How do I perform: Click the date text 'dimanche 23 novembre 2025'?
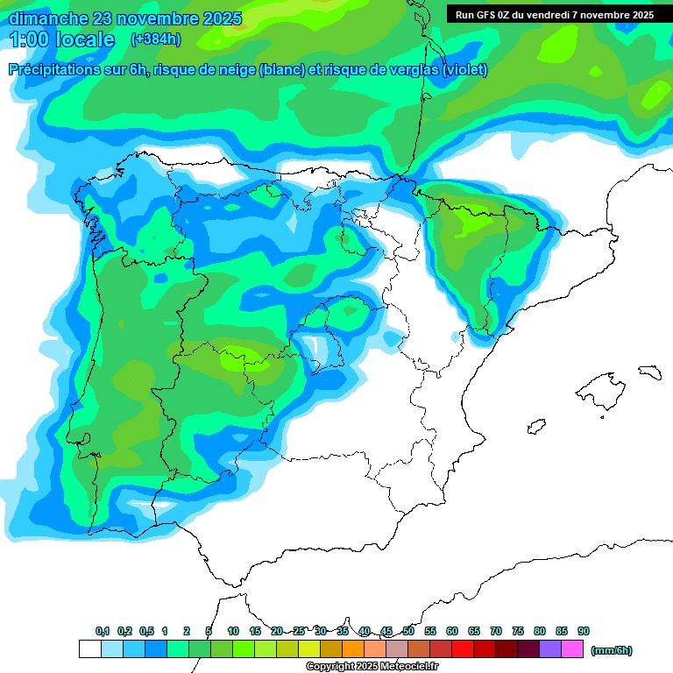tap(124, 18)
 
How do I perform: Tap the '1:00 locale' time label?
tap(62, 39)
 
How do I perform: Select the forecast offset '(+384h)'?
tap(156, 39)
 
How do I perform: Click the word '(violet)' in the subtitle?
tap(465, 70)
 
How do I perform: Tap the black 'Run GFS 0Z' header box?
tap(554, 14)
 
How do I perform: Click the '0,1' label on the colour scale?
tap(103, 631)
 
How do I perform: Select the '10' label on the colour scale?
tap(233, 631)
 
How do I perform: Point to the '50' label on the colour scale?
tap(408, 631)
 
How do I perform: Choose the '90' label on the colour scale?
tap(584, 631)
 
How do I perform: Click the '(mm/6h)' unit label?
tap(612, 650)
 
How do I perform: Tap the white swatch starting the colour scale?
tap(89, 649)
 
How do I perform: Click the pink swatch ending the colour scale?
tap(572, 649)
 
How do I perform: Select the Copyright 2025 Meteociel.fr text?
tap(372, 667)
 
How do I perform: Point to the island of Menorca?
tap(648, 372)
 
